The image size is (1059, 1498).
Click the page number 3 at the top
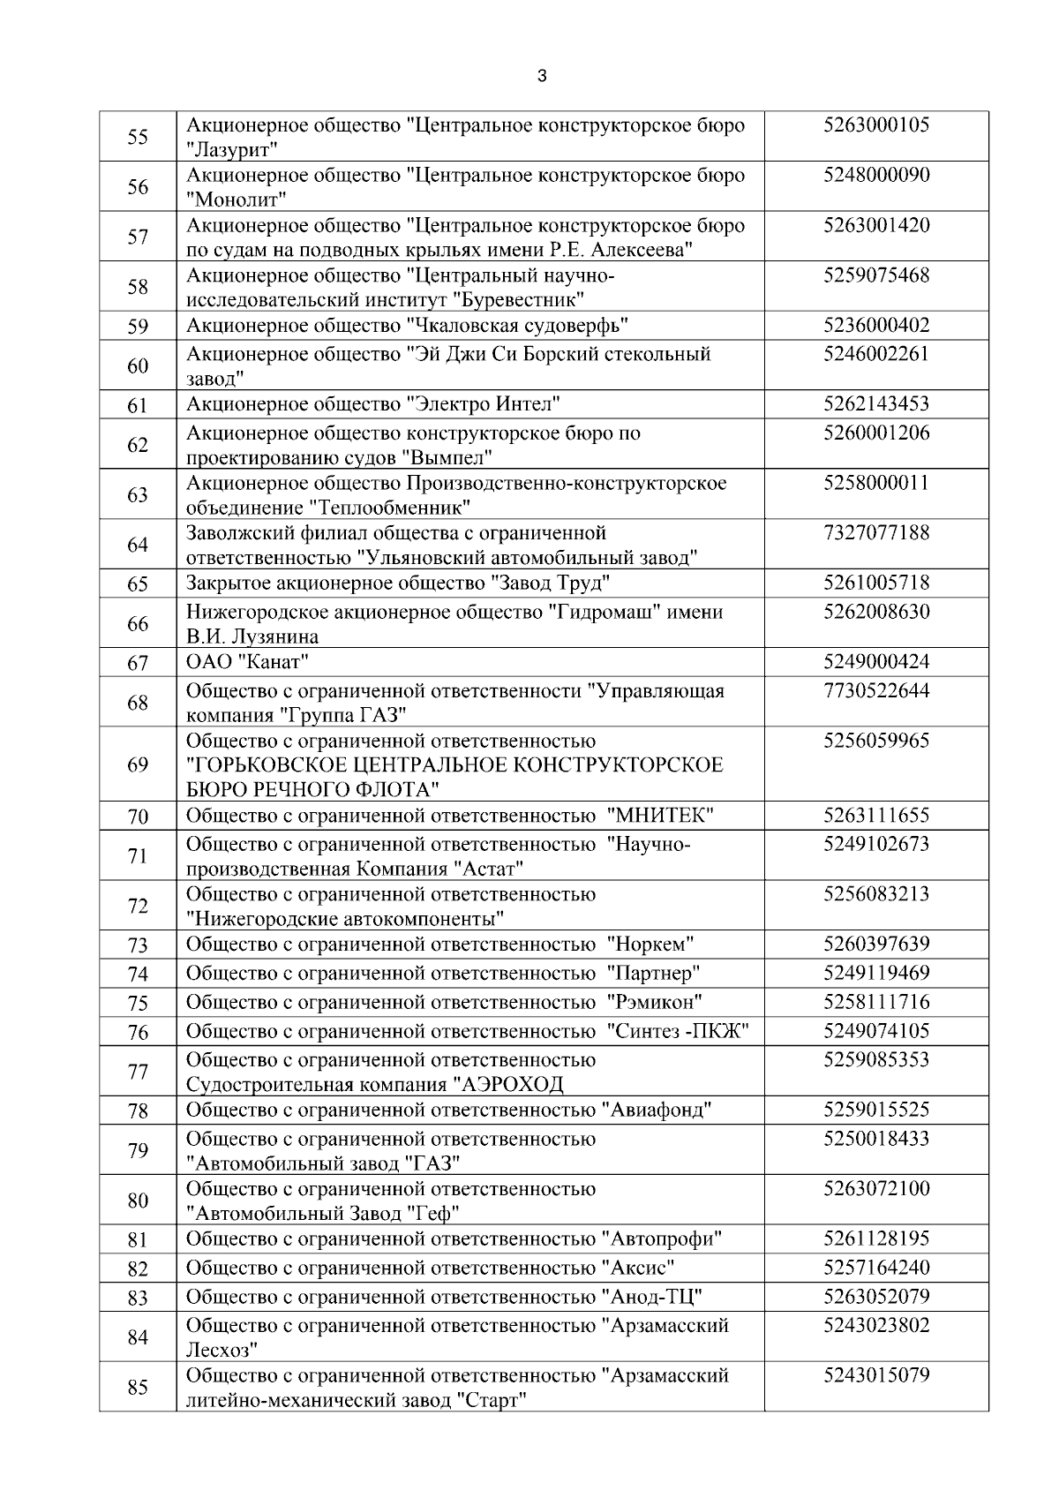[x=542, y=76]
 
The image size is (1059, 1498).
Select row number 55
[x=138, y=137]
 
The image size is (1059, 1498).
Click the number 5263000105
[x=875, y=125]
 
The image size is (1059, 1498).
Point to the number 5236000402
[x=875, y=326]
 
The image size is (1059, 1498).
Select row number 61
[x=138, y=406]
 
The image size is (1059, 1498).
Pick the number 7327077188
[x=875, y=533]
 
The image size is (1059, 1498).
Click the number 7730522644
[x=875, y=691]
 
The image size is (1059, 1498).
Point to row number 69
[x=138, y=764]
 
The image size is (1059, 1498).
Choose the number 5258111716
[x=875, y=1003]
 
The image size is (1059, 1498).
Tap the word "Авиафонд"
[x=657, y=1110]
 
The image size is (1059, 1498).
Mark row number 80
[x=138, y=1201]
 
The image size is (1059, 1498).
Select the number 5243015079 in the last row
[x=875, y=1376]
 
